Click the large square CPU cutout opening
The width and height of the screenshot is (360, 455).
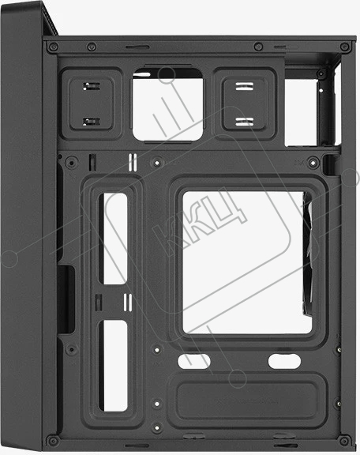point(246,262)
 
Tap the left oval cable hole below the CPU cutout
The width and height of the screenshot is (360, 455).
point(193,361)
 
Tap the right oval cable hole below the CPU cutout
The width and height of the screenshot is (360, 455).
point(284,361)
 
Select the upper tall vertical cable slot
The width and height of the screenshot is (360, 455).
point(115,239)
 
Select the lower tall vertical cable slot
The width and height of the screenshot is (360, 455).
point(115,366)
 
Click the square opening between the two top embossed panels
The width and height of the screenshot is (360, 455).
point(167,104)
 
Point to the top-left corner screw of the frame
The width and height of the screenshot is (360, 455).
point(53,46)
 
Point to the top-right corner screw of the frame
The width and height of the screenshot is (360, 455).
point(345,47)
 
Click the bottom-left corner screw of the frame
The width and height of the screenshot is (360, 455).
point(53,441)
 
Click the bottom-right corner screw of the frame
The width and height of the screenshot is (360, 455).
point(344,441)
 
